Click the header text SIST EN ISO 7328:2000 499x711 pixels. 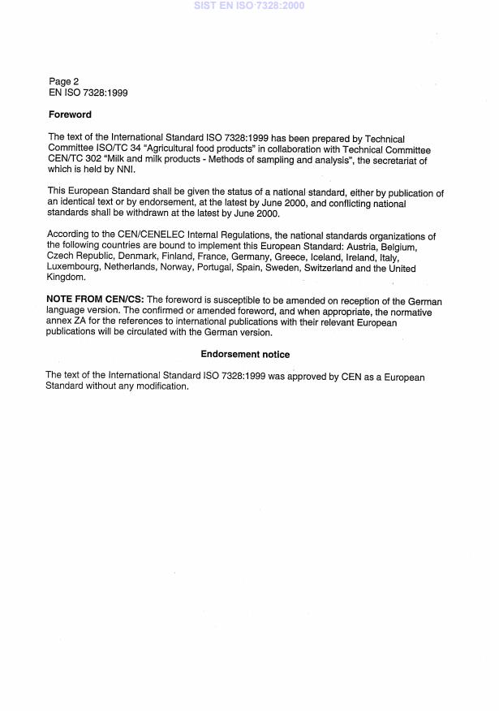[249, 6]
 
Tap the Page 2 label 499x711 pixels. [64, 82]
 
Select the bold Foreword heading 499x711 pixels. [70, 115]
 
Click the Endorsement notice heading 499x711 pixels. [245, 355]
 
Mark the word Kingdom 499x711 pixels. [66, 278]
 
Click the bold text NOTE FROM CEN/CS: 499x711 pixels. [94, 301]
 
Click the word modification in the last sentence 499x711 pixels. [161, 386]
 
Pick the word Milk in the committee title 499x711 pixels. [124, 160]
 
